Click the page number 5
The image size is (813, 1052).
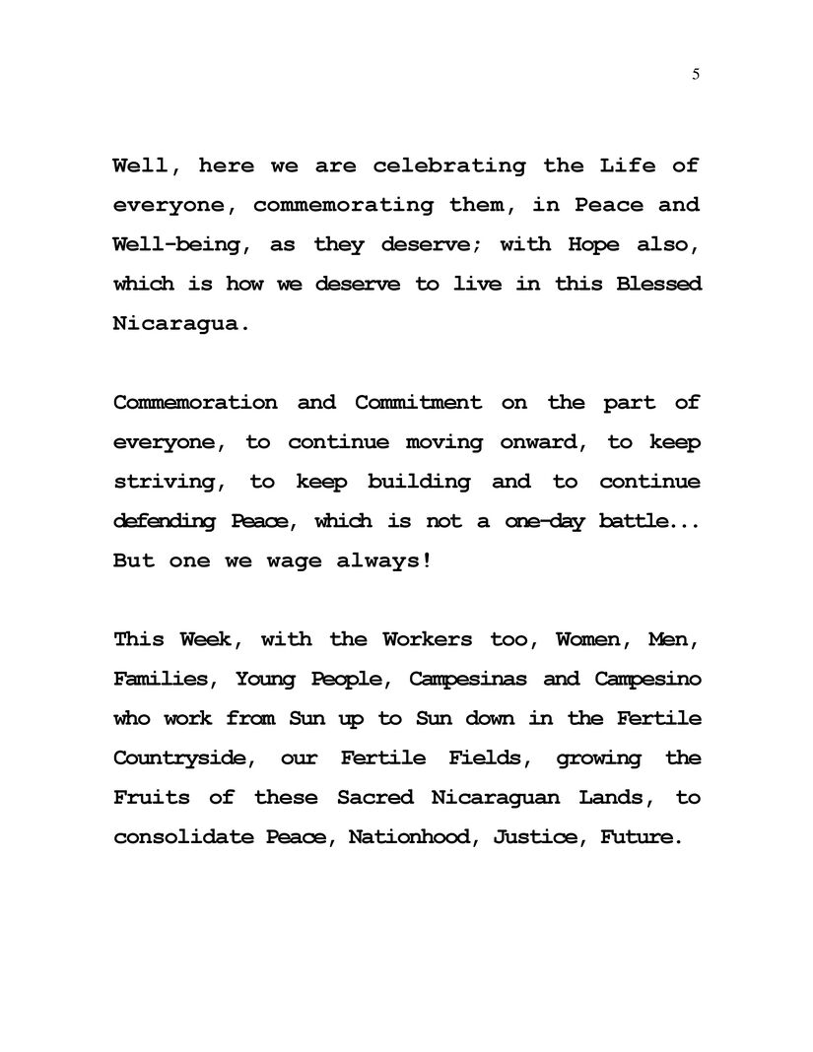point(696,75)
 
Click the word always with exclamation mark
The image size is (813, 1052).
point(375,560)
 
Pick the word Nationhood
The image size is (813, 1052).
point(413,837)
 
